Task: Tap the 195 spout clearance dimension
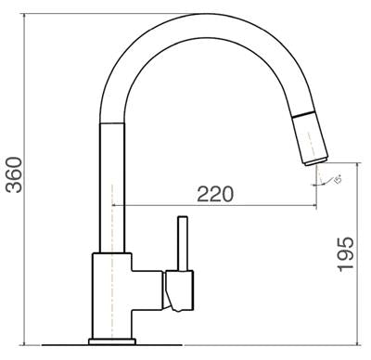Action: (x=345, y=253)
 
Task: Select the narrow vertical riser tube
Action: (x=111, y=186)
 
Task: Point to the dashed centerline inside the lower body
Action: (x=112, y=297)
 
